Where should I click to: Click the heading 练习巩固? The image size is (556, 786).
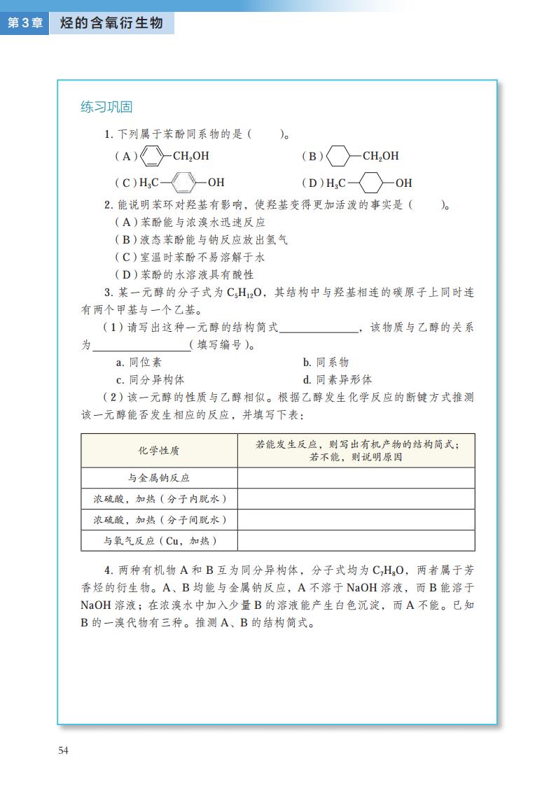pyautogui.click(x=106, y=107)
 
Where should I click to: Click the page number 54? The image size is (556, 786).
pyautogui.click(x=64, y=750)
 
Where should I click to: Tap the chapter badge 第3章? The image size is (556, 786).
pyautogui.click(x=25, y=23)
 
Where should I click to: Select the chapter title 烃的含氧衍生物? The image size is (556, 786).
pyautogui.click(x=111, y=23)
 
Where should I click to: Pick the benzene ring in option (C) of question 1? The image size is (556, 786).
pyautogui.click(x=183, y=183)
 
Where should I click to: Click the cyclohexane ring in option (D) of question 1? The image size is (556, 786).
pyautogui.click(x=372, y=183)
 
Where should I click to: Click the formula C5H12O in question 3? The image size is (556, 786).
pyautogui.click(x=249, y=293)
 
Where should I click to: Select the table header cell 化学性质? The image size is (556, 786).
pyautogui.click(x=159, y=451)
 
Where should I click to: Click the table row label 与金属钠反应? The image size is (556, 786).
pyautogui.click(x=159, y=478)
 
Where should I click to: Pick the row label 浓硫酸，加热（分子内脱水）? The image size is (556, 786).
pyautogui.click(x=159, y=499)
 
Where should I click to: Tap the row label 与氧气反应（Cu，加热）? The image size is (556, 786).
pyautogui.click(x=159, y=540)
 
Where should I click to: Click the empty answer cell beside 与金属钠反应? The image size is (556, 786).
pyautogui.click(x=356, y=478)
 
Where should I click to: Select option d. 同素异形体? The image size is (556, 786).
pyautogui.click(x=338, y=380)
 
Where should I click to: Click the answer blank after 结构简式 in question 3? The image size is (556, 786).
pyautogui.click(x=319, y=328)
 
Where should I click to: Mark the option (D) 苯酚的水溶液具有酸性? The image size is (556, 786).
pyautogui.click(x=184, y=275)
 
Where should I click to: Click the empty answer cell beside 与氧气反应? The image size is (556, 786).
pyautogui.click(x=356, y=540)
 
